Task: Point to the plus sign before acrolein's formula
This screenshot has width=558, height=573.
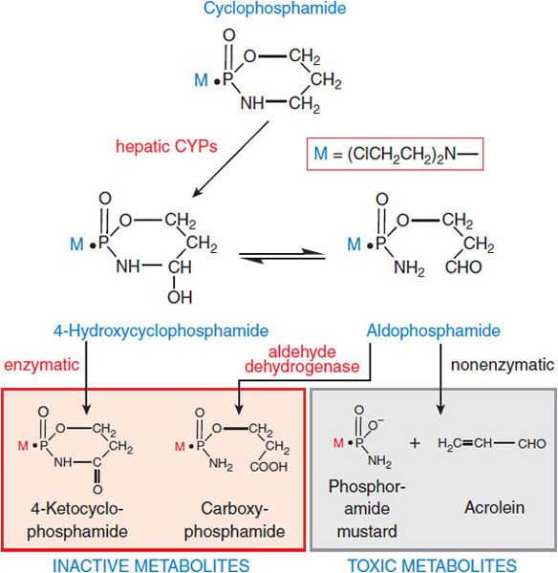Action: pos(414,443)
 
